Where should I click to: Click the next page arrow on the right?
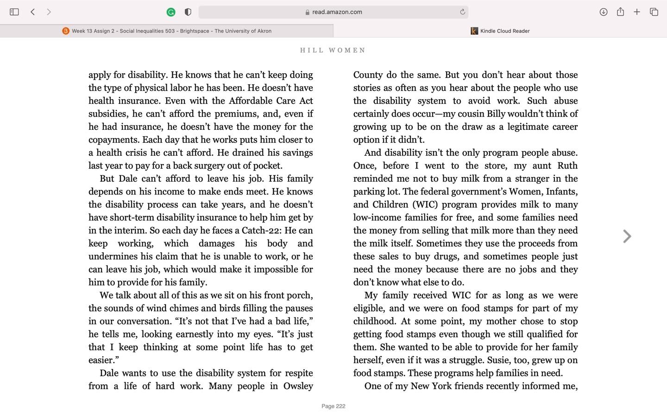(x=627, y=236)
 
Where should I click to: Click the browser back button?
(x=33, y=12)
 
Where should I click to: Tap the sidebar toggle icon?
(x=14, y=12)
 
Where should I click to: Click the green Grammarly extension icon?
(x=171, y=12)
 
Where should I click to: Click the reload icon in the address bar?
(x=462, y=12)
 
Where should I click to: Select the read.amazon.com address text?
(x=337, y=12)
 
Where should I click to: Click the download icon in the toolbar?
(x=603, y=12)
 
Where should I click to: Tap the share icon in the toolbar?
(x=620, y=12)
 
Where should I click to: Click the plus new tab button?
(x=637, y=12)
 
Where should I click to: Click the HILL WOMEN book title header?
(x=333, y=51)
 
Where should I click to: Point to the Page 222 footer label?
(x=333, y=406)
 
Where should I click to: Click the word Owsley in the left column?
(x=298, y=386)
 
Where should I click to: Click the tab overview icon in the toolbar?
(x=654, y=12)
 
